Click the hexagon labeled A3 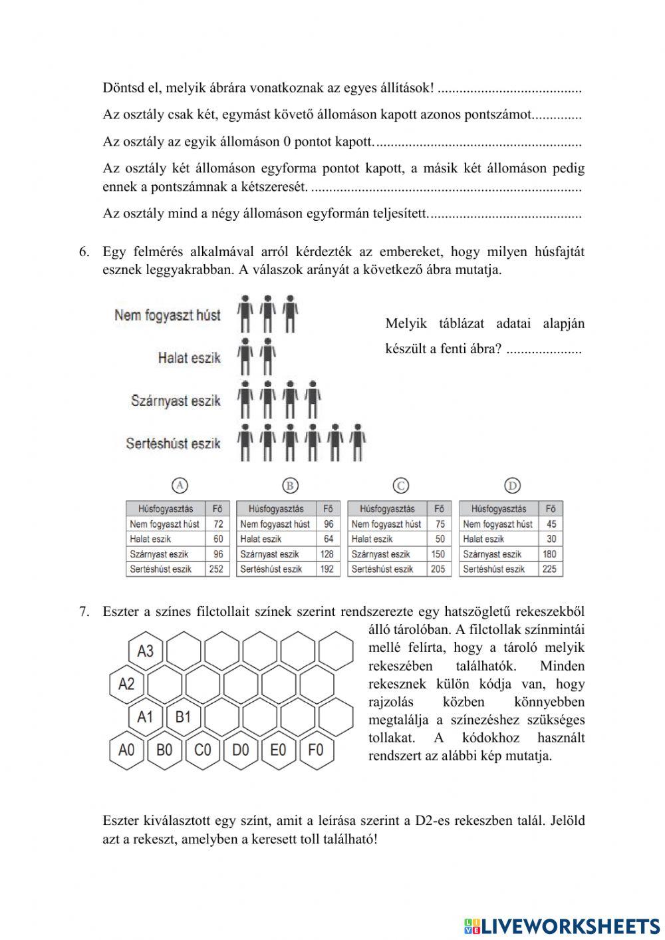(x=145, y=651)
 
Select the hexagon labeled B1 (x=183, y=717)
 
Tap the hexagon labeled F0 (x=316, y=750)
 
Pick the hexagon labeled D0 (x=240, y=750)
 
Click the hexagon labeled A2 (x=126, y=684)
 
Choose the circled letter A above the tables (x=180, y=486)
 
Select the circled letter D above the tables (x=512, y=486)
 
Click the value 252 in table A (x=216, y=569)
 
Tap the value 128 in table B (x=327, y=554)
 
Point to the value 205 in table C (x=438, y=569)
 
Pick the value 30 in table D (x=551, y=539)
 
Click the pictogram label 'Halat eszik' (x=189, y=358)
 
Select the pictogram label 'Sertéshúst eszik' (x=173, y=443)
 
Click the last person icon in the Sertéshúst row (x=358, y=442)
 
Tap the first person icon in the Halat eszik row (x=245, y=357)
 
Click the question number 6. (x=84, y=252)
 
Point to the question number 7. (x=84, y=611)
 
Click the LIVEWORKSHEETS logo (x=562, y=925)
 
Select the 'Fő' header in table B (x=327, y=509)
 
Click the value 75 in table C (x=440, y=524)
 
